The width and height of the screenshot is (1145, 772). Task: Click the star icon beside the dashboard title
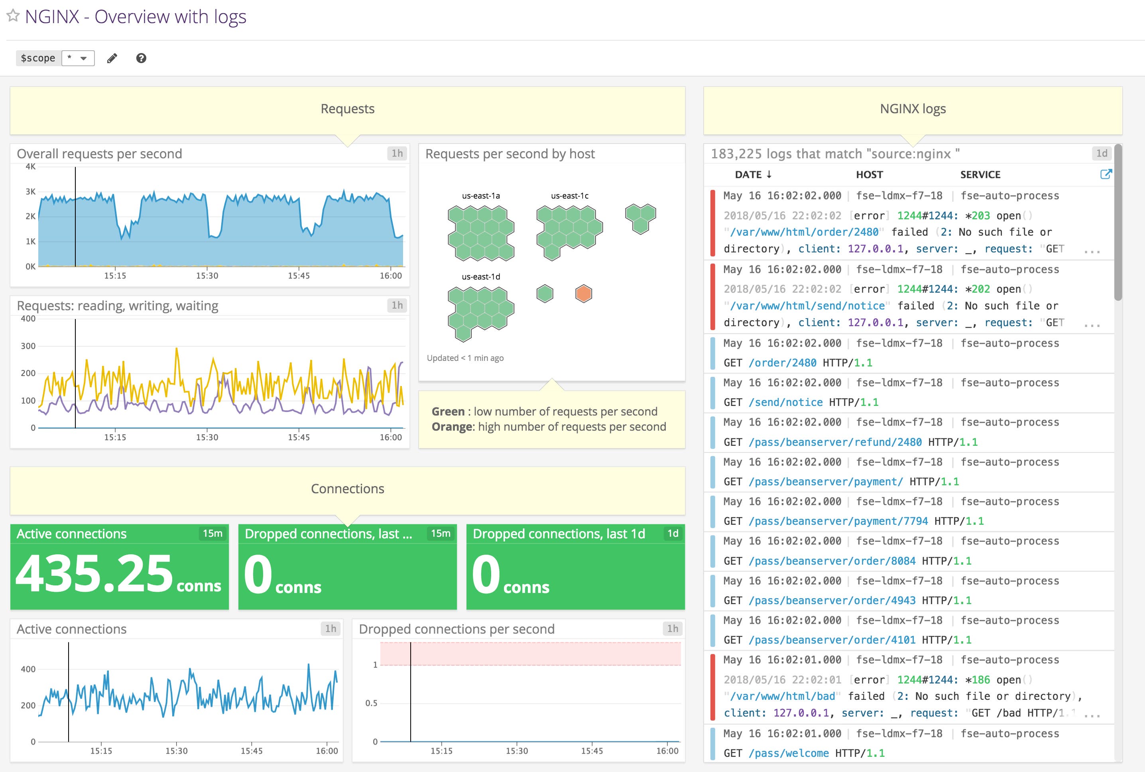[x=13, y=16]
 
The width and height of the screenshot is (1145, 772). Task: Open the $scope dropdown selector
[x=78, y=58]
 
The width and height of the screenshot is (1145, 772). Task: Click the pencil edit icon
[x=112, y=58]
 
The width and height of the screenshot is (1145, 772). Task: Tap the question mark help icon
[x=141, y=58]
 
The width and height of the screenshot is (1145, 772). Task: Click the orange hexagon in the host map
[x=583, y=294]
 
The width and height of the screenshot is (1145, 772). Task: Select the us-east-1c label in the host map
[x=570, y=195]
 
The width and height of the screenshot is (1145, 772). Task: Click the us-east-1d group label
[x=480, y=277]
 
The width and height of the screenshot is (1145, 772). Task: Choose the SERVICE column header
[x=980, y=174]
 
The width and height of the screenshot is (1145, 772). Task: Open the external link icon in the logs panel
[x=1105, y=174]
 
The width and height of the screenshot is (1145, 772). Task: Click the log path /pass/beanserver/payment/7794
[x=838, y=521]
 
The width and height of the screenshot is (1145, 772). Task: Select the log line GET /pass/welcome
[x=803, y=753]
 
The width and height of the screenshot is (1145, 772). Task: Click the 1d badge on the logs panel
[x=1102, y=153]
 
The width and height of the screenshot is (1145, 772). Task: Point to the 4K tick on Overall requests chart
[x=31, y=167]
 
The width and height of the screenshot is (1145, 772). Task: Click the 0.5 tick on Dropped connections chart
[x=371, y=703]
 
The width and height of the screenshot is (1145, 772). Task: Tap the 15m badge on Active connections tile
[x=212, y=533]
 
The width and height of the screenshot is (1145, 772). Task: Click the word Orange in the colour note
[x=451, y=426]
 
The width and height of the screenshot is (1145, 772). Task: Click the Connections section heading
[x=348, y=488]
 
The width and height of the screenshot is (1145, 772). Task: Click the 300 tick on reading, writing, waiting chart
[x=28, y=346]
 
